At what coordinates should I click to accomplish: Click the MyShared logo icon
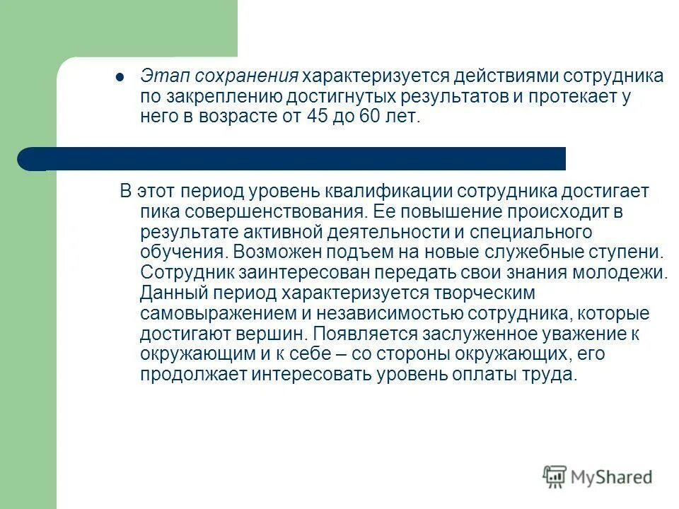pyautogui.click(x=555, y=477)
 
